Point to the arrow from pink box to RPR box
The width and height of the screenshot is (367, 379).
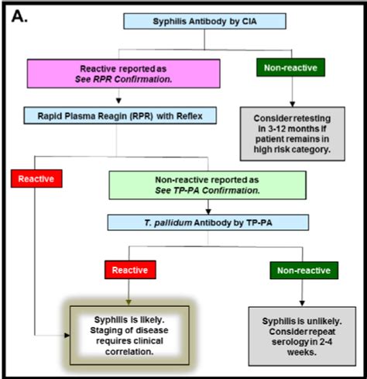click(x=117, y=98)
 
